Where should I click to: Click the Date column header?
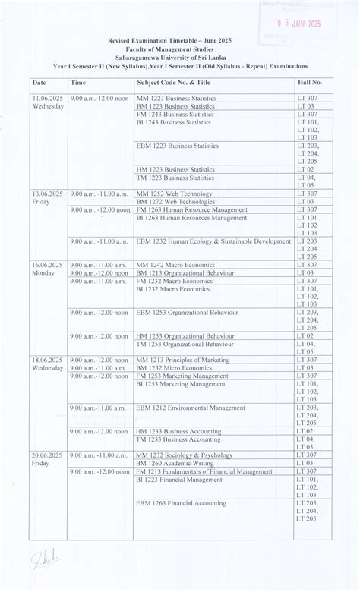[39, 82]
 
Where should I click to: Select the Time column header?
[78, 82]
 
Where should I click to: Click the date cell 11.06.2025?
[47, 99]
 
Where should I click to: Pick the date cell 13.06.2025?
[47, 194]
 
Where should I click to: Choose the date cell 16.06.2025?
[47, 265]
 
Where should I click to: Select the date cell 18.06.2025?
[47, 360]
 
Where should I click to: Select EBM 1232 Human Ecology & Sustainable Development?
[213, 241]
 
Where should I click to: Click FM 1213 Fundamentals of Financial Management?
[204, 471]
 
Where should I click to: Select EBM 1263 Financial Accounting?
[181, 502]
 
